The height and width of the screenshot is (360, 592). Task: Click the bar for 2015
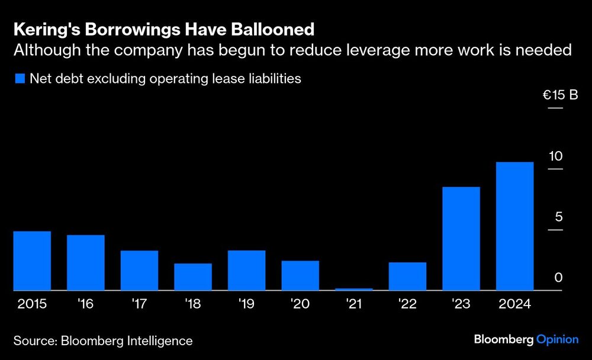pyautogui.click(x=32, y=261)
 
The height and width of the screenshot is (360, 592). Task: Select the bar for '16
pyautogui.click(x=86, y=262)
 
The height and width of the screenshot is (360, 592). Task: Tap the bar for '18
pyautogui.click(x=193, y=277)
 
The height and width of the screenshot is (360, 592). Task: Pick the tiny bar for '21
pyautogui.click(x=354, y=289)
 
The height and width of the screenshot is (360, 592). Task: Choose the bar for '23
pyautogui.click(x=461, y=239)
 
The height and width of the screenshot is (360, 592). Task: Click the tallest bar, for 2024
pyautogui.click(x=514, y=226)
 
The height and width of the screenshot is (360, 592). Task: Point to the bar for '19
pyautogui.click(x=247, y=270)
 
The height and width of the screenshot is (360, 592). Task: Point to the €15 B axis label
pyautogui.click(x=560, y=95)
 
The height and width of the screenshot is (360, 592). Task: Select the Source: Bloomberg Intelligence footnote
pyautogui.click(x=102, y=340)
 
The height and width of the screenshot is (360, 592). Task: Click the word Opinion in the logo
pyautogui.click(x=557, y=339)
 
